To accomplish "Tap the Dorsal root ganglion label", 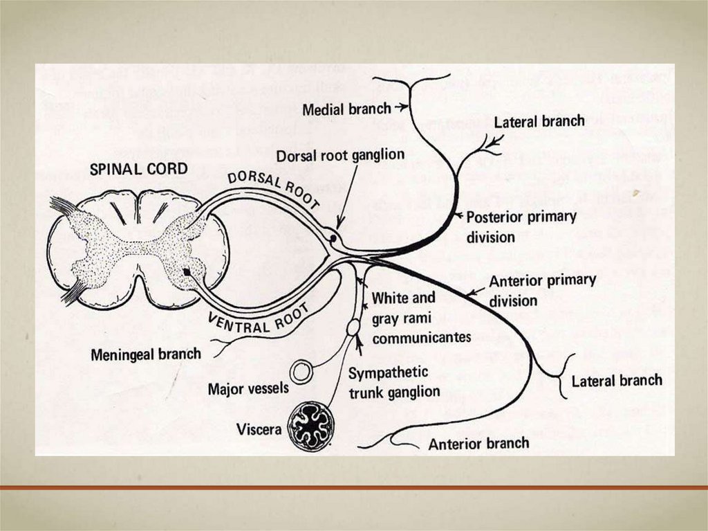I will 340,155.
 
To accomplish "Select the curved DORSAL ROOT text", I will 274,187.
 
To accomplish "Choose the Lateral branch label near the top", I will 539,122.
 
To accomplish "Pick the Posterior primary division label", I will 521,226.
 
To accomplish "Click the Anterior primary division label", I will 542,291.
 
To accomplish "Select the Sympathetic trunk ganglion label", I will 393,382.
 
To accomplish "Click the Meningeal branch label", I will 146,354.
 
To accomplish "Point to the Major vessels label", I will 248,388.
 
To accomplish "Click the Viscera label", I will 259,429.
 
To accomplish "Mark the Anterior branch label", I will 478,443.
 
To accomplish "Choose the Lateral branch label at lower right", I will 617,381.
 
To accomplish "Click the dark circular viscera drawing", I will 310,426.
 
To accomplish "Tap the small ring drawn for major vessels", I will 301,372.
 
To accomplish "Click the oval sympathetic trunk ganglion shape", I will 353,327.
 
